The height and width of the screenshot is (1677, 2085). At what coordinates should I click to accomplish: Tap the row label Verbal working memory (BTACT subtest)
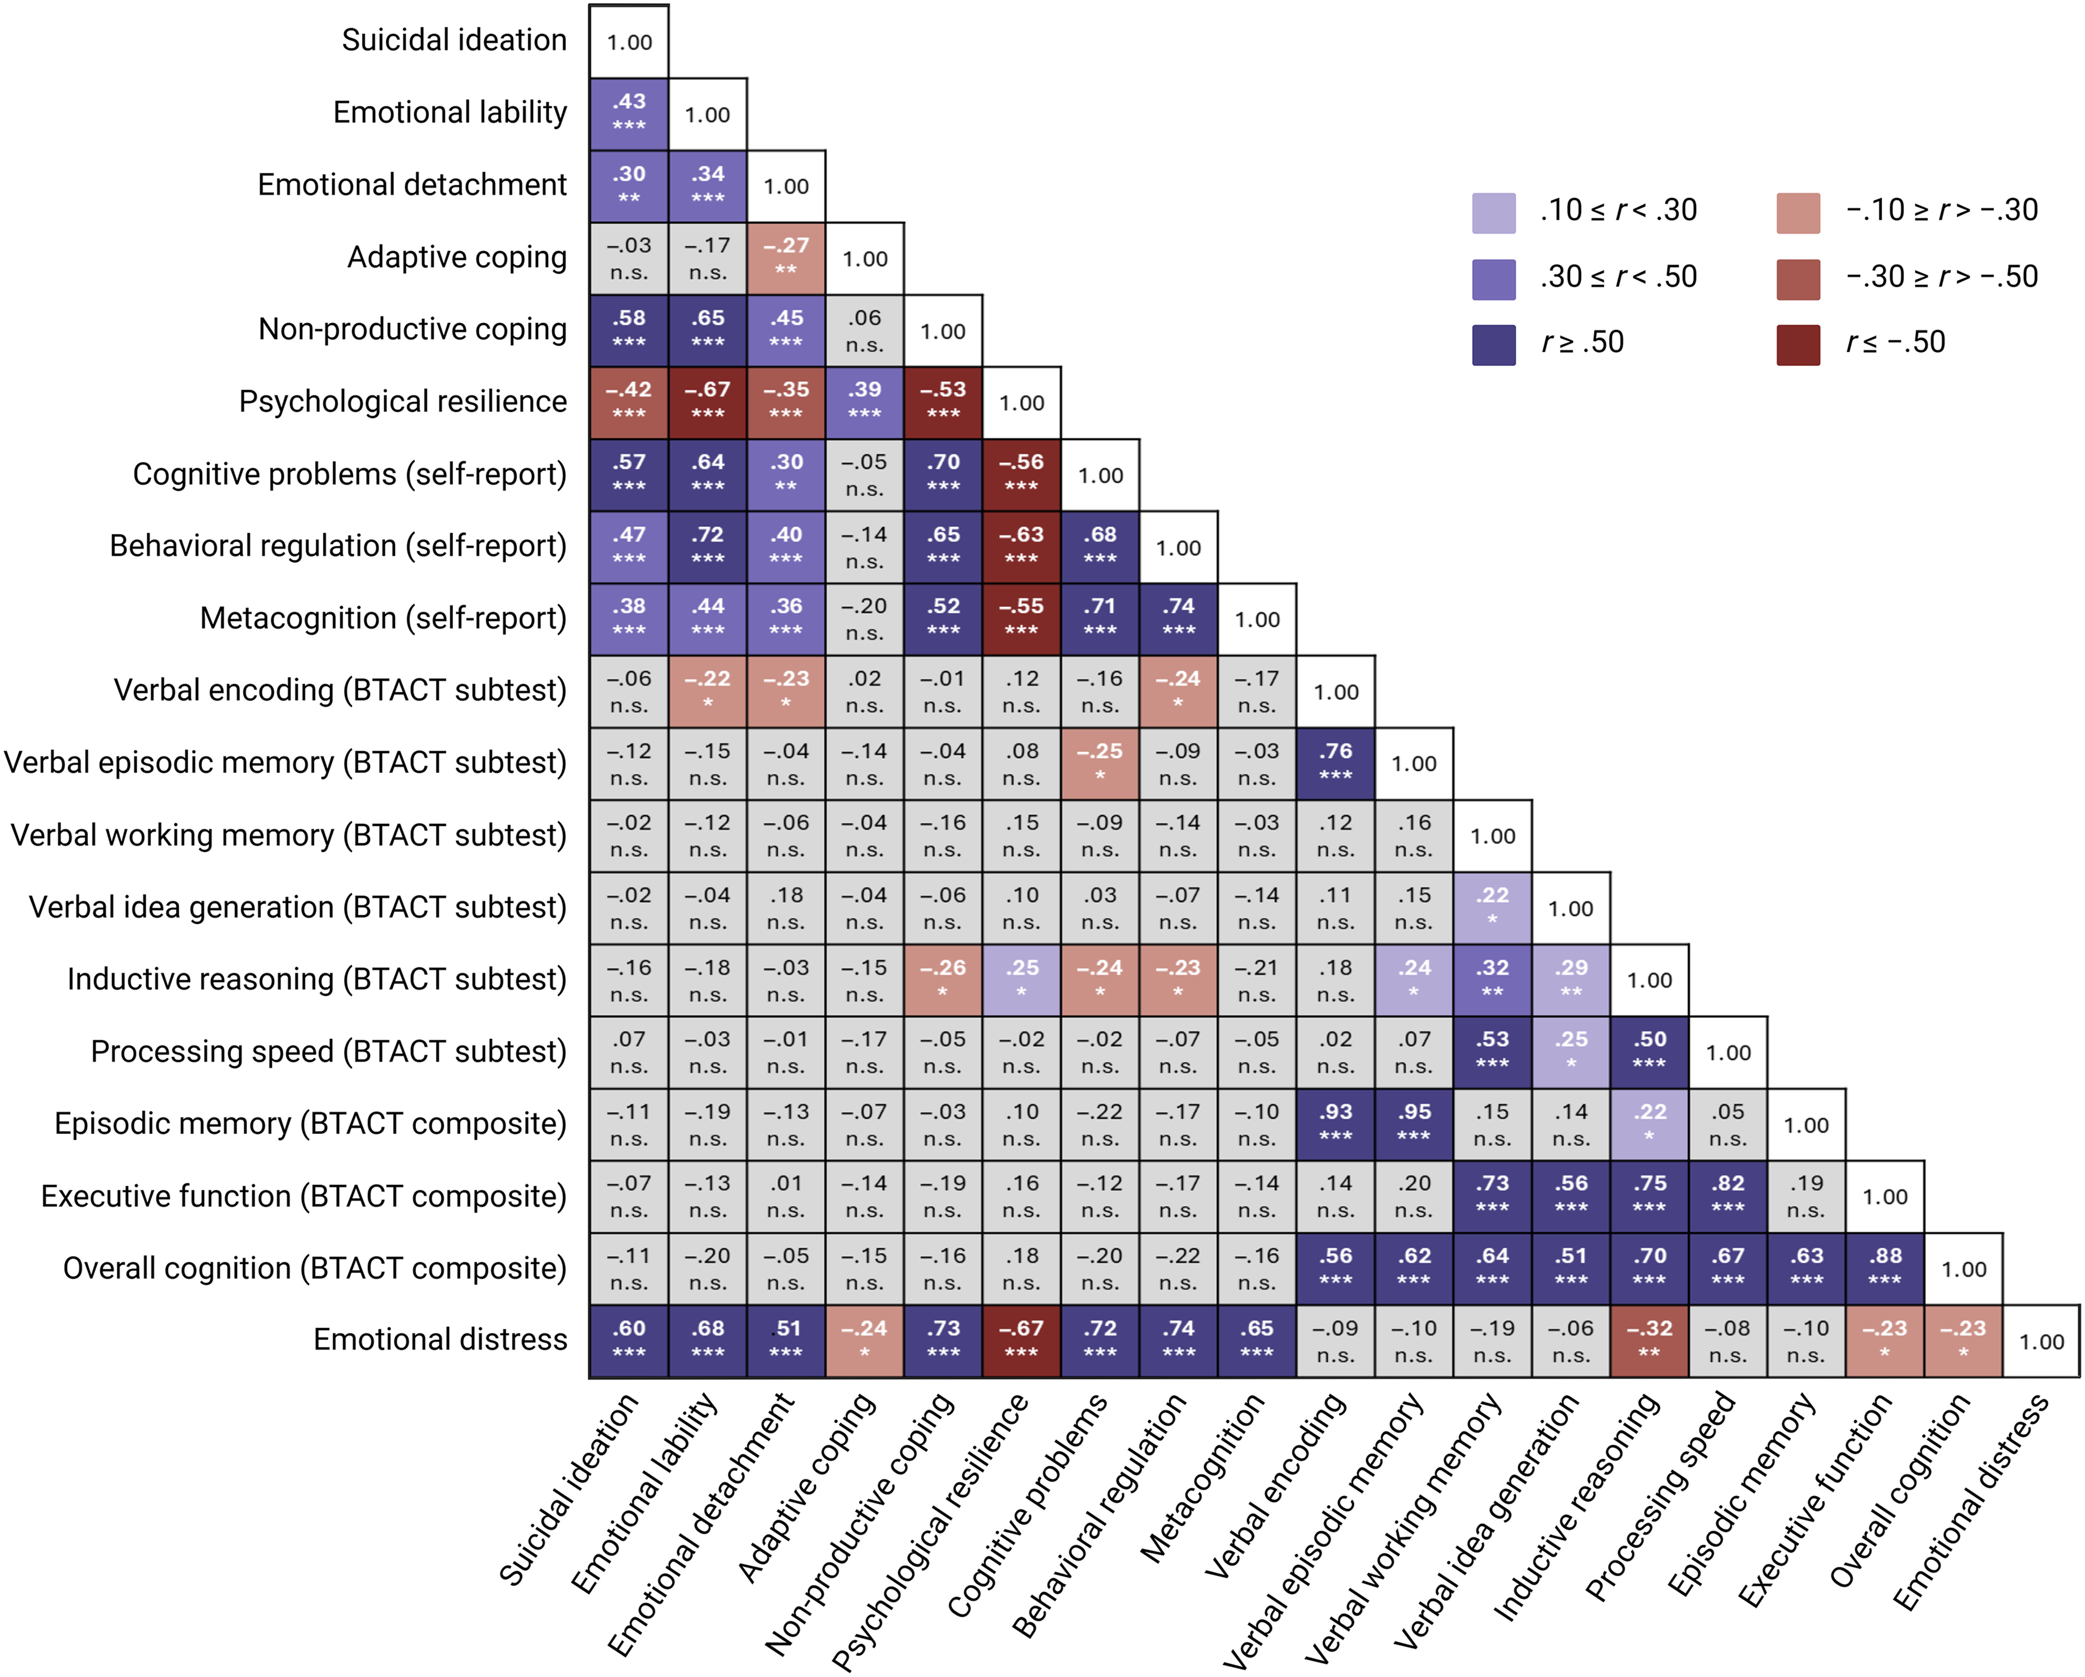click(288, 835)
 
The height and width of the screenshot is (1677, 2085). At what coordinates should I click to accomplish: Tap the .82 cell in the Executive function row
click(1728, 1195)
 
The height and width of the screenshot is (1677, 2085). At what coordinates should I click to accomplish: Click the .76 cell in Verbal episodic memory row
click(1336, 762)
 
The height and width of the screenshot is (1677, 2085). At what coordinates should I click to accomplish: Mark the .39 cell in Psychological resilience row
click(865, 401)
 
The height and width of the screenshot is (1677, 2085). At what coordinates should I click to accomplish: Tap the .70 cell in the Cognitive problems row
click(943, 474)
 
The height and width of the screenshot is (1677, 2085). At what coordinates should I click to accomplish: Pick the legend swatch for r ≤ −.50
click(1798, 344)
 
